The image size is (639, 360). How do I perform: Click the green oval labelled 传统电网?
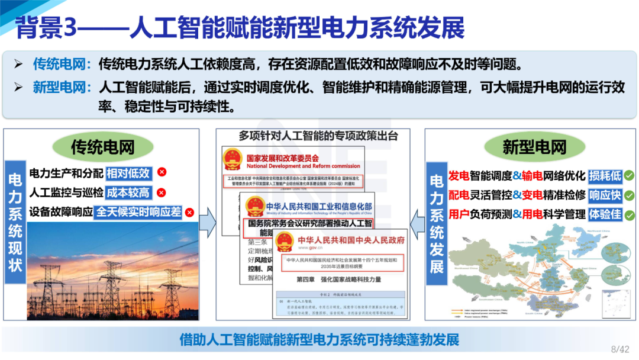point(102,147)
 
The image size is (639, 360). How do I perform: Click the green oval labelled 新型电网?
point(534,147)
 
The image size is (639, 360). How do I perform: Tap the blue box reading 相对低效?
point(128,173)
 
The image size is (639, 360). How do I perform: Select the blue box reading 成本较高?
point(128,192)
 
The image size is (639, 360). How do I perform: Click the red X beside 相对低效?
point(162,172)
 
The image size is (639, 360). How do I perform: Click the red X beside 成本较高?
point(162,192)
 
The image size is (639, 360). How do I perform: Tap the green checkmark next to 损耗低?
point(630,176)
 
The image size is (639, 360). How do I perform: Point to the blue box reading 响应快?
point(605,195)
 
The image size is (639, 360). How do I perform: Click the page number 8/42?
point(619,349)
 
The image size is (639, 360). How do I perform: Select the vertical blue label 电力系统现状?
point(15,222)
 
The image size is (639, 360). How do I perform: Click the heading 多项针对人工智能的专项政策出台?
point(318,136)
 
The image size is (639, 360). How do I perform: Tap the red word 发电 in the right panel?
point(459,176)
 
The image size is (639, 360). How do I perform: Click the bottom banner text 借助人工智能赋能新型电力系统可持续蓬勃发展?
point(319,340)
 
